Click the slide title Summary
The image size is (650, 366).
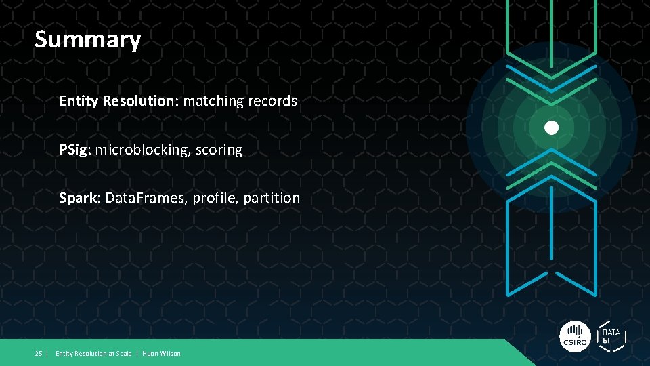pyautogui.click(x=87, y=39)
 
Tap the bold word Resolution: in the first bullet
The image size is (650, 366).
pyautogui.click(x=139, y=101)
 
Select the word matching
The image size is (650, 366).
pyautogui.click(x=213, y=101)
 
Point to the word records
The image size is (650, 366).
pyautogui.click(x=272, y=101)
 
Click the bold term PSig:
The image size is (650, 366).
pyautogui.click(x=74, y=150)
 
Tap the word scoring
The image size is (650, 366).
pyautogui.click(x=219, y=150)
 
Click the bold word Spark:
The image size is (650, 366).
pyautogui.click(x=80, y=198)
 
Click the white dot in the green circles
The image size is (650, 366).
pyautogui.click(x=552, y=127)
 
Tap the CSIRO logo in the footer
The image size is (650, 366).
pyautogui.click(x=576, y=337)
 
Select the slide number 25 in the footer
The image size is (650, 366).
pyautogui.click(x=39, y=353)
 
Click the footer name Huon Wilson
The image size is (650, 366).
pyautogui.click(x=161, y=353)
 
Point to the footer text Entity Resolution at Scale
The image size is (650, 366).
pyautogui.click(x=93, y=353)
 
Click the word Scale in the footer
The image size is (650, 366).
pyautogui.click(x=123, y=353)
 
